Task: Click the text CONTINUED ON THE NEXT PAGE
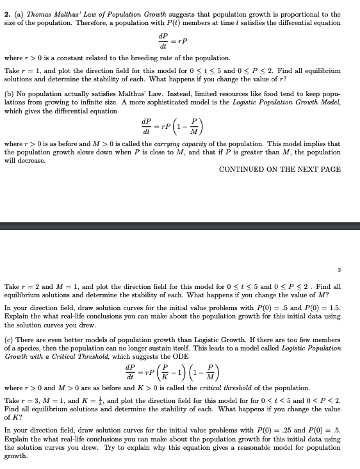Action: [280, 169]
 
